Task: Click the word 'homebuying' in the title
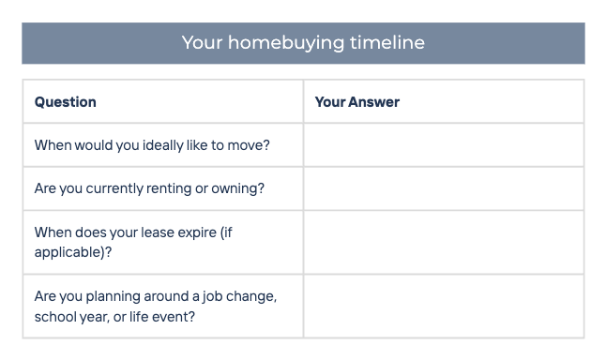[286, 43]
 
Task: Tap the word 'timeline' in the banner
[387, 42]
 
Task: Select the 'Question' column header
[66, 102]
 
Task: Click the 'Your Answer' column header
[357, 102]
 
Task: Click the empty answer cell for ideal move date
[444, 145]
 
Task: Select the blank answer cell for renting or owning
[444, 188]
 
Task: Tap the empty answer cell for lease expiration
[444, 242]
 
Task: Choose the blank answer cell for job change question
[444, 307]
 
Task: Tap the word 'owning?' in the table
[237, 188]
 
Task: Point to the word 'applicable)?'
[73, 252]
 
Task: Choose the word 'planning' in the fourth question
[113, 296]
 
